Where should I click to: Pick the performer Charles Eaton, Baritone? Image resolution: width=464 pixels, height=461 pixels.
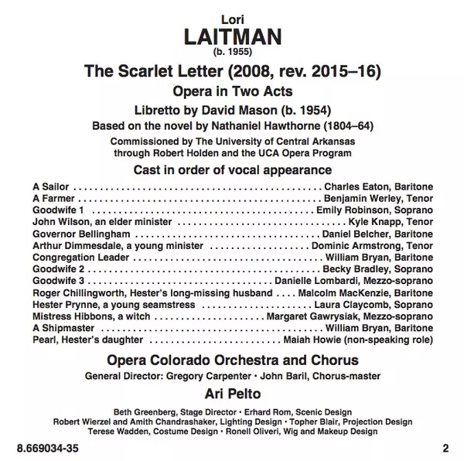tap(378, 187)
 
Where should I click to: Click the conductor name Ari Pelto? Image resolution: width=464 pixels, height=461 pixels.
tap(233, 393)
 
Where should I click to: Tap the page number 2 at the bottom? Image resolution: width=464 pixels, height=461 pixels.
tap(445, 447)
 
